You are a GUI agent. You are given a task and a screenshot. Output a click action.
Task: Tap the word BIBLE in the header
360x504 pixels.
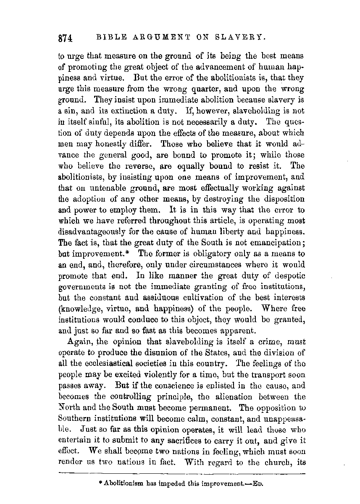(x=110, y=37)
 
